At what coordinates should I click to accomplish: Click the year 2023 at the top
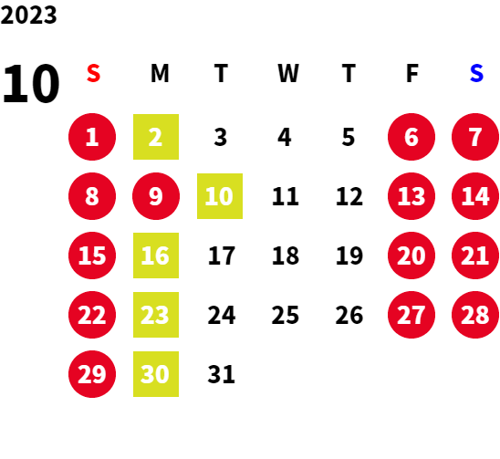(28, 15)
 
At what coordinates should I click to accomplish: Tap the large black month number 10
(31, 83)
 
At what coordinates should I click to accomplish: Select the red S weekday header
(93, 73)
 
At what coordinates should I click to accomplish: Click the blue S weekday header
(476, 73)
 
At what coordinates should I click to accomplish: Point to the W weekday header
(288, 73)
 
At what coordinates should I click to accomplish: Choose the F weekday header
(412, 73)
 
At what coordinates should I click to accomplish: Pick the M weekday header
(160, 73)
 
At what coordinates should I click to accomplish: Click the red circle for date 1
(92, 137)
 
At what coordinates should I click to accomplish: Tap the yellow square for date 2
(156, 137)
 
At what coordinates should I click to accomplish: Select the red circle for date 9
(156, 196)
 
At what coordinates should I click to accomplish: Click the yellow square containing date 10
(220, 196)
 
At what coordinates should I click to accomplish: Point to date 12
(349, 196)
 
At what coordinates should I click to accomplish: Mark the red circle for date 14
(475, 196)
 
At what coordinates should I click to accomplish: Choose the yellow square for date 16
(156, 256)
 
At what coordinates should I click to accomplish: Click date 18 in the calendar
(286, 256)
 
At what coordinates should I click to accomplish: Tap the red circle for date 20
(411, 256)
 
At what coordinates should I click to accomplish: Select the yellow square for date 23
(156, 315)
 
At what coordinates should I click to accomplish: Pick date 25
(286, 315)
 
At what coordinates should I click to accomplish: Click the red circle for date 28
(475, 315)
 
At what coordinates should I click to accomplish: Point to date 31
(222, 374)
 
